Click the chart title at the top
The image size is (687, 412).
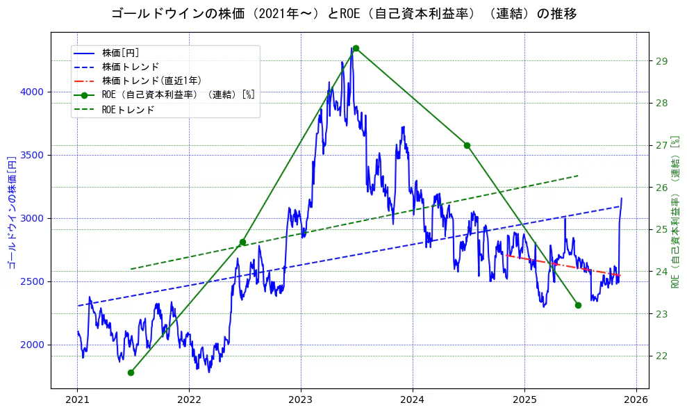(x=343, y=13)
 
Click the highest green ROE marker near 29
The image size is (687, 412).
(x=356, y=48)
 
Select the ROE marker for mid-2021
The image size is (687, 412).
(x=131, y=372)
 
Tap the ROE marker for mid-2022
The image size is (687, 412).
(x=242, y=242)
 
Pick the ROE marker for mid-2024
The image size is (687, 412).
(x=467, y=145)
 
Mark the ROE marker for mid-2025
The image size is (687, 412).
(x=578, y=305)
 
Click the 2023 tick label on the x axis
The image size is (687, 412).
(x=301, y=400)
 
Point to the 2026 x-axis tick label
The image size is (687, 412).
(x=636, y=400)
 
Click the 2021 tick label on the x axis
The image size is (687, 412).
(x=77, y=400)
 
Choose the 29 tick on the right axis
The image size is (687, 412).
(x=661, y=61)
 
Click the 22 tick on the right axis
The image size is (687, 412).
(x=661, y=356)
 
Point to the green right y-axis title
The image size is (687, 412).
(x=675, y=211)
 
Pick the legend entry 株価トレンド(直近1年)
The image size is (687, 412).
(x=151, y=81)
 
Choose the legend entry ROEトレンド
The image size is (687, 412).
(x=128, y=110)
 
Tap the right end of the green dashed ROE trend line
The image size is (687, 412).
(x=577, y=176)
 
